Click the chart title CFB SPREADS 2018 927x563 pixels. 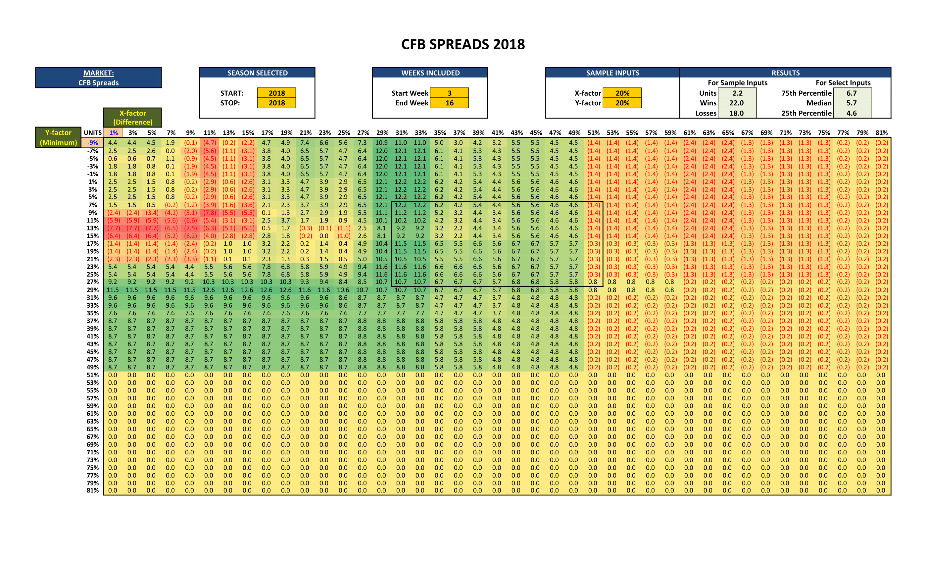tap(463, 44)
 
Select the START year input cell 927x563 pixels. tap(276, 93)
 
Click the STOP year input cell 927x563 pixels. tap(276, 103)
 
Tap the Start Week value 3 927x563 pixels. tap(449, 93)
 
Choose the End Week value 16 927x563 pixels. tap(449, 103)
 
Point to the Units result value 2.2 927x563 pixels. tap(737, 93)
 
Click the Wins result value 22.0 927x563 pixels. tap(736, 103)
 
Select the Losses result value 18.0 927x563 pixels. tap(736, 113)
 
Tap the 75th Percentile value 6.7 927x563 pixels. tap(852, 93)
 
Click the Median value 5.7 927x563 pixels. tap(852, 103)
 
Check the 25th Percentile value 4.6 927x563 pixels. tap(852, 113)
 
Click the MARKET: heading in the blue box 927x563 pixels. tap(98, 73)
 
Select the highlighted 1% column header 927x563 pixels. tap(113, 132)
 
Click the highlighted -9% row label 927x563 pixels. tap(93, 143)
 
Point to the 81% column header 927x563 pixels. tap(881, 132)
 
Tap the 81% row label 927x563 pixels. tap(93, 490)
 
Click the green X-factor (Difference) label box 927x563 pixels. tap(132, 118)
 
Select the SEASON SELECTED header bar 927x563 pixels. tap(257, 73)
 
